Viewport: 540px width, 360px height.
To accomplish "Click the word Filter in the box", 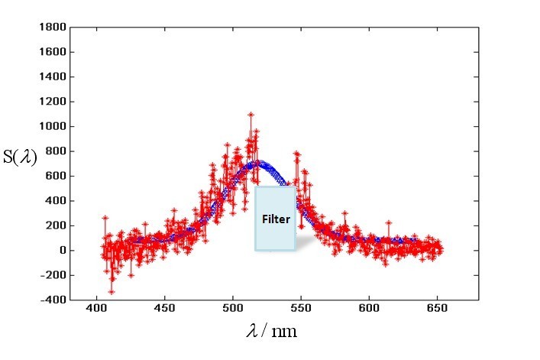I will click(276, 219).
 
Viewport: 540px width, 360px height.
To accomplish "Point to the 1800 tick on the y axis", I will click(51, 28).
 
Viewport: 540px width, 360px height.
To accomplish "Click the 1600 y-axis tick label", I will click(51, 52).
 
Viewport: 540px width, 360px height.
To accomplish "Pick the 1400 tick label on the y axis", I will click(51, 77).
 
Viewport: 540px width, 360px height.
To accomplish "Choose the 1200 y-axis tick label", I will click(51, 102).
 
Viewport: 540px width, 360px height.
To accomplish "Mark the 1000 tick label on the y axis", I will click(51, 126).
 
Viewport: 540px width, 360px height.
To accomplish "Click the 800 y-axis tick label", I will click(54, 151).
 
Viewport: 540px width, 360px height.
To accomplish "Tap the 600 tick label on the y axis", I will click(54, 176).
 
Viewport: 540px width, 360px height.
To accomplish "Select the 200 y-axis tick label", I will click(54, 225).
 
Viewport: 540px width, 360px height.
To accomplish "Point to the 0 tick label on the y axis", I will click(60, 250).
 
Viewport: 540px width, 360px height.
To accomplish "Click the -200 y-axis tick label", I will click(52, 275).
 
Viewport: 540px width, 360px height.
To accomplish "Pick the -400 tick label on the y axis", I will click(52, 300).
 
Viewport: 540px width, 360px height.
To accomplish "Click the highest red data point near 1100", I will click(250, 115).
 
